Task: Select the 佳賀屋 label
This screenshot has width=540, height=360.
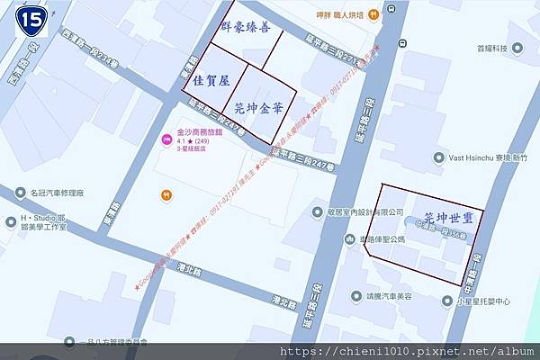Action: coord(213,80)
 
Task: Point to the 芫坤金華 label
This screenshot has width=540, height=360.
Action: coord(259,107)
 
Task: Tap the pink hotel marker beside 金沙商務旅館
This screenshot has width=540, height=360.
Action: coord(166,139)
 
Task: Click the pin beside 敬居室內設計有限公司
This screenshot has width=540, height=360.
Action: coord(317,211)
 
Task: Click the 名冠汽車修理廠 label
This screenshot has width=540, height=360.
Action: coord(56,193)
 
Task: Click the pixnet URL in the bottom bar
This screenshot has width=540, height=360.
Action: coord(407,351)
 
